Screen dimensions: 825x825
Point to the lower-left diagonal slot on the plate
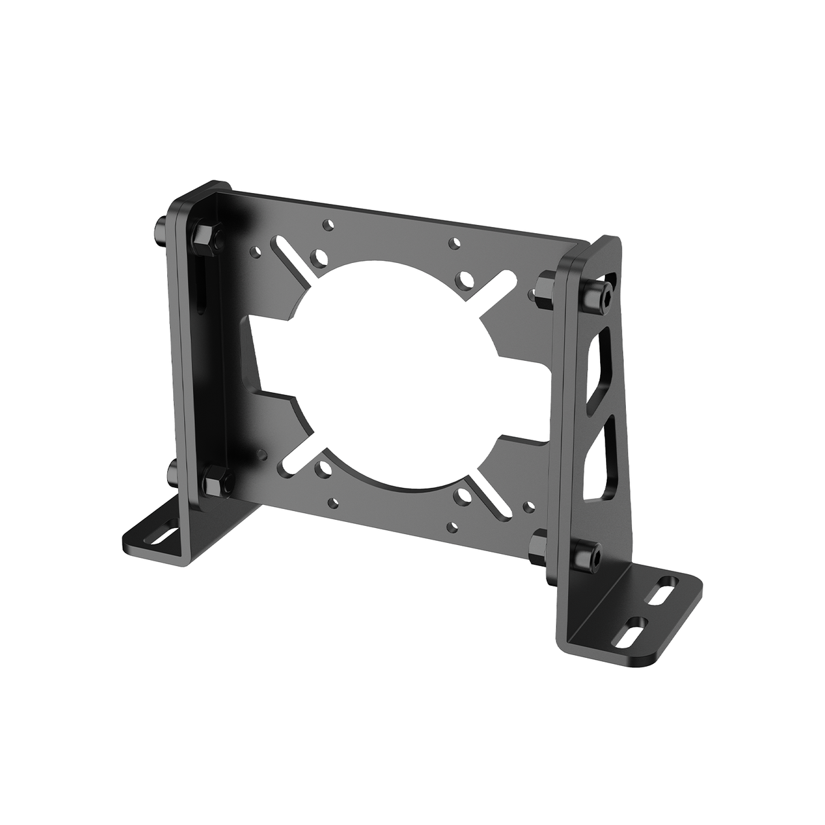(294, 456)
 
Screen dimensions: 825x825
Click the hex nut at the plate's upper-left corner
(203, 236)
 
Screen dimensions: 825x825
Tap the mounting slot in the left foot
(164, 534)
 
